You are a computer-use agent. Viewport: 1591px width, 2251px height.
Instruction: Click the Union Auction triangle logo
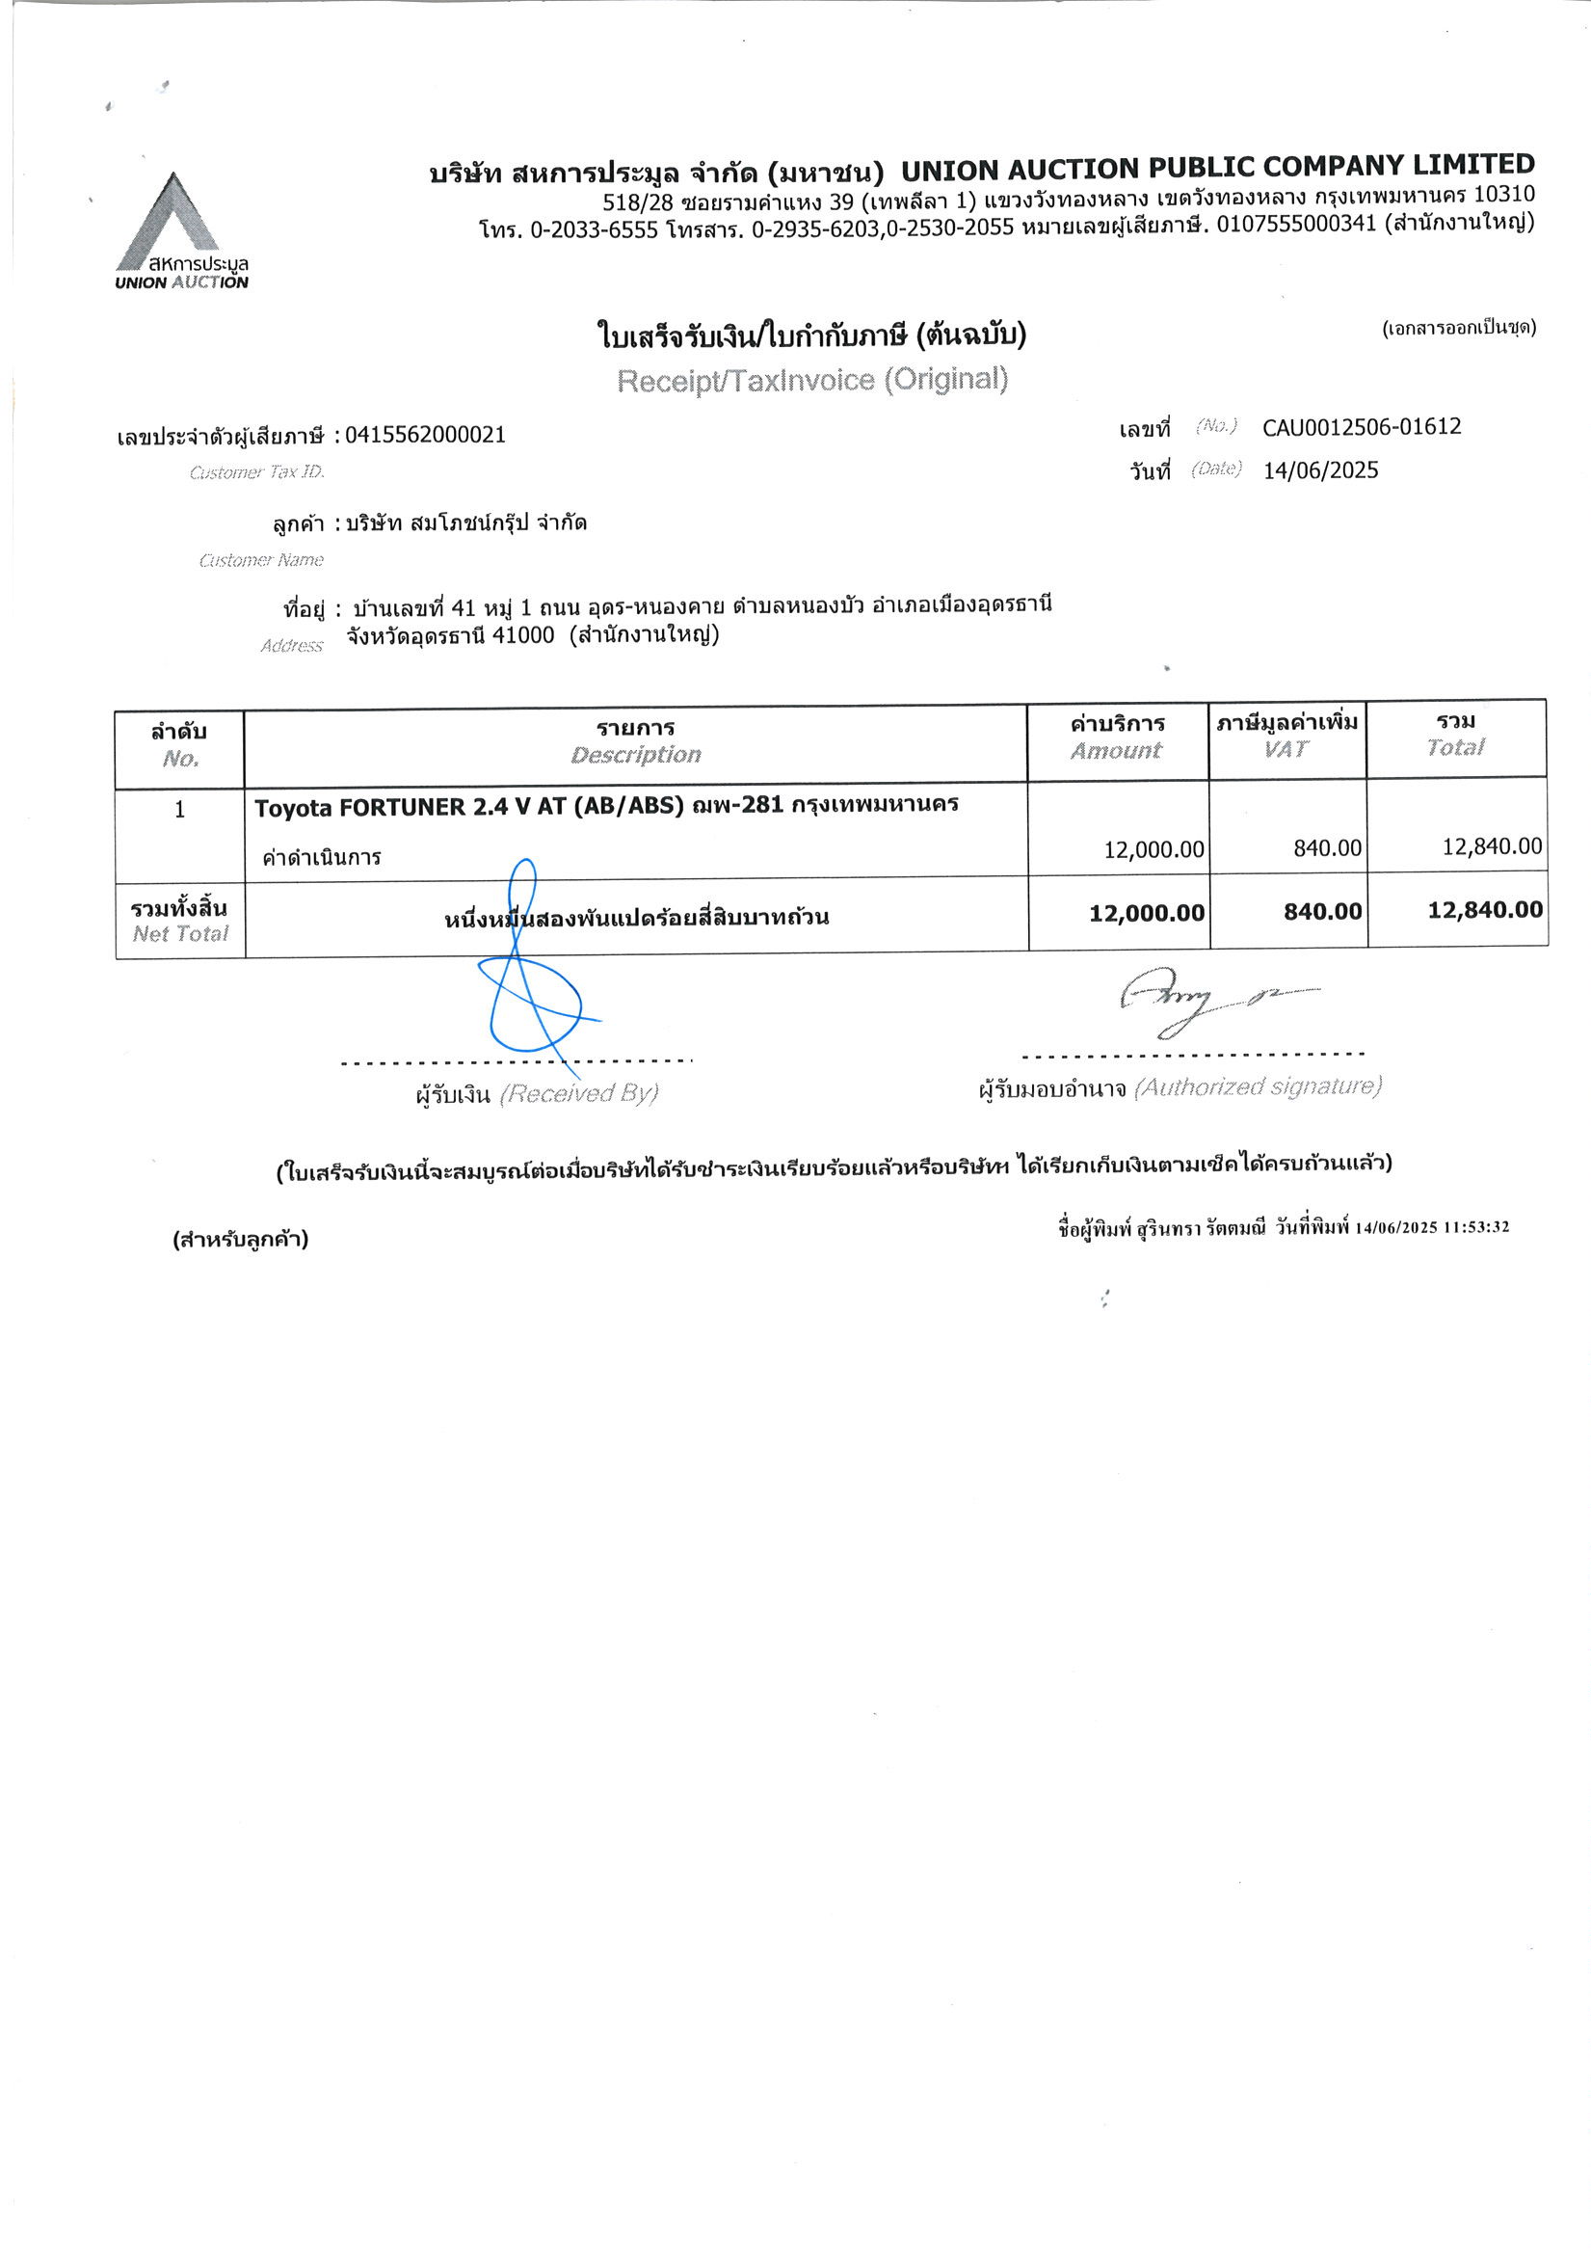pos(168,223)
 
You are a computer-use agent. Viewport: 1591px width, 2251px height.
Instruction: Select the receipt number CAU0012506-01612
pos(1361,427)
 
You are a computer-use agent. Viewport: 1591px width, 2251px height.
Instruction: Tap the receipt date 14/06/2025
pos(1319,470)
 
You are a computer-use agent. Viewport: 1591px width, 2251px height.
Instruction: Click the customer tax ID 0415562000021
pos(425,436)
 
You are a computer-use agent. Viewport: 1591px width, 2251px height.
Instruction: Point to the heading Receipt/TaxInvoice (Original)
pos(811,380)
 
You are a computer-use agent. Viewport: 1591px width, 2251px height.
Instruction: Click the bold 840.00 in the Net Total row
pos(1322,912)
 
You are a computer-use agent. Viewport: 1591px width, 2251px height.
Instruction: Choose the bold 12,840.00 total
pos(1484,910)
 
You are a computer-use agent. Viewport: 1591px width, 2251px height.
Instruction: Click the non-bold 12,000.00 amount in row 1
pos(1153,849)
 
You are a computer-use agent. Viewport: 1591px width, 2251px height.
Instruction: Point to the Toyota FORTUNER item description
pos(606,806)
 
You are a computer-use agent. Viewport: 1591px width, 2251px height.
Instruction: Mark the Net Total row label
pos(179,920)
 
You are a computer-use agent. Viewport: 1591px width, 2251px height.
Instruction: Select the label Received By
pos(578,1093)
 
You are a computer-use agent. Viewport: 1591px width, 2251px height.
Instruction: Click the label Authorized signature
pos(1258,1086)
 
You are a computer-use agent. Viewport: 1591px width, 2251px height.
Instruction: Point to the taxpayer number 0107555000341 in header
pos(1296,225)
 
